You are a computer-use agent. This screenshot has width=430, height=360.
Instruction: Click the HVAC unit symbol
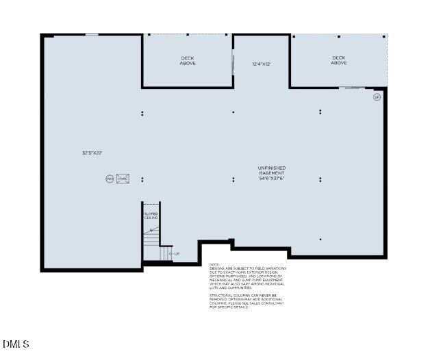[x=123, y=179]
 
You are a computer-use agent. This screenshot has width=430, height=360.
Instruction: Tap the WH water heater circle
[x=109, y=179]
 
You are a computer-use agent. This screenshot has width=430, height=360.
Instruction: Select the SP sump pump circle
[x=377, y=97]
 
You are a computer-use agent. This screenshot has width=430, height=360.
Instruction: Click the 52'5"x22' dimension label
[x=92, y=153]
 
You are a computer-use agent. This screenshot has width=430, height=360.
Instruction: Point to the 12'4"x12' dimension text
[x=262, y=64]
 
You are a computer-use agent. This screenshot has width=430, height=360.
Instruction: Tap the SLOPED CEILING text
[x=151, y=216]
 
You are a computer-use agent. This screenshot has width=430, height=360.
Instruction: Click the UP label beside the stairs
[x=176, y=254]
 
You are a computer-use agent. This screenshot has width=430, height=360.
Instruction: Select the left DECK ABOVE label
[x=188, y=61]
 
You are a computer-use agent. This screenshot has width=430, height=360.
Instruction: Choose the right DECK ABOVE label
[x=339, y=61]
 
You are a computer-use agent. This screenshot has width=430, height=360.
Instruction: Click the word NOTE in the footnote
[x=214, y=264]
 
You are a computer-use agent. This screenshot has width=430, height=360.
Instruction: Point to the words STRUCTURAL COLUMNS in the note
[x=226, y=295]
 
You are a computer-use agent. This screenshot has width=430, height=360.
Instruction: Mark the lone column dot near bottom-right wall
[x=320, y=239]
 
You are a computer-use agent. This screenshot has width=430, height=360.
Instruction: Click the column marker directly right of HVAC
[x=142, y=179]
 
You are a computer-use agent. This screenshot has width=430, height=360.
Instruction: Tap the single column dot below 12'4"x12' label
[x=233, y=112]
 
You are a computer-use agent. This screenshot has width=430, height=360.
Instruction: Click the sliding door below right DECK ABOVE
[x=351, y=88]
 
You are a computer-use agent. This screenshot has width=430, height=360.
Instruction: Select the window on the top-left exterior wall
[x=91, y=35]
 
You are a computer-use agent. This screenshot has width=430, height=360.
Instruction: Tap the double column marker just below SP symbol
[x=320, y=112]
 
